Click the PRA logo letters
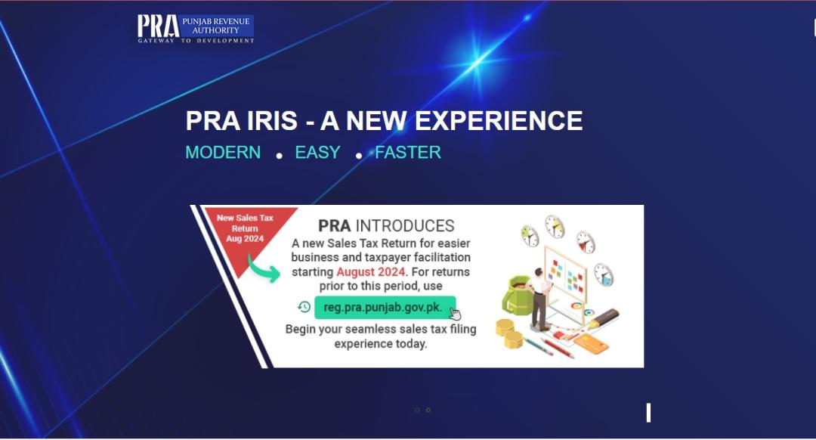(x=158, y=26)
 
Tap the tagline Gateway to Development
(x=196, y=41)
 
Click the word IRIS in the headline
(x=272, y=121)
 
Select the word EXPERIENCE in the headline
(x=499, y=121)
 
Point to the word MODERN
(x=223, y=153)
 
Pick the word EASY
(x=317, y=153)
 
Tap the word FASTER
(x=408, y=153)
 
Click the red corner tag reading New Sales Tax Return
(x=245, y=229)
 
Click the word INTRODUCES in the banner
(x=405, y=226)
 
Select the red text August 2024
(x=370, y=272)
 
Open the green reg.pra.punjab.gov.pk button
(x=385, y=308)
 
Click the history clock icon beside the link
(x=304, y=307)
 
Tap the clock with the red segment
(x=586, y=242)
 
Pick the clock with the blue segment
(x=604, y=274)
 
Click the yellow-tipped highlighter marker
(x=604, y=318)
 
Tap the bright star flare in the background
(x=478, y=63)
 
